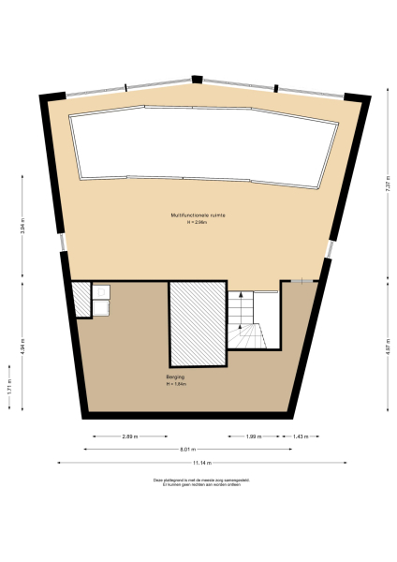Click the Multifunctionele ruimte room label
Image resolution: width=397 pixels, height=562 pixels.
coord(198,214)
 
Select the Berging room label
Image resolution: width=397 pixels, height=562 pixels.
coord(164,377)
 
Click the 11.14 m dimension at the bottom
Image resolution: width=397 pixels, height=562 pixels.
coord(202,463)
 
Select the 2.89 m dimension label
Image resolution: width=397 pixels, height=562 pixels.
coord(130,436)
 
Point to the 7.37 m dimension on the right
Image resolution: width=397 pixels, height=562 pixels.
coord(387,185)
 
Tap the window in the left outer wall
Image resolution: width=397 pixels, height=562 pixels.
coord(63,243)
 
